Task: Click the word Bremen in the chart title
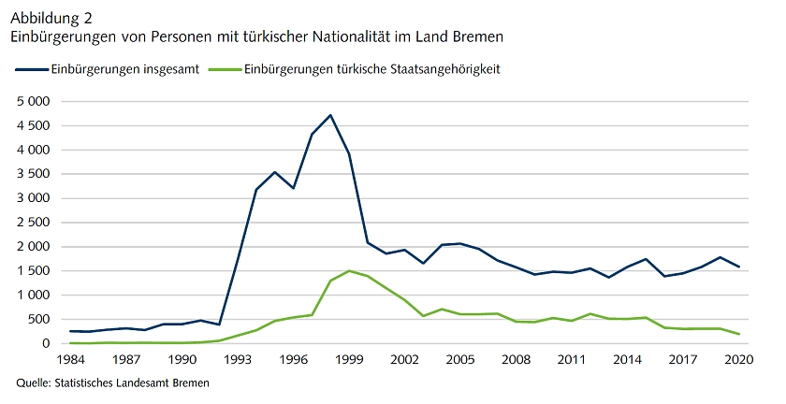[479, 37]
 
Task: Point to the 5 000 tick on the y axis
[32, 101]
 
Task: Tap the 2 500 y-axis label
[32, 223]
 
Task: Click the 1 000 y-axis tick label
[32, 296]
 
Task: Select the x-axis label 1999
[349, 360]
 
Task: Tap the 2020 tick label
[738, 360]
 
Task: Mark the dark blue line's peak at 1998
[330, 115]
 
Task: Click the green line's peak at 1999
[349, 271]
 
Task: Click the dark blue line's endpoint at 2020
[738, 267]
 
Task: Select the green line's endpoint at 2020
[738, 334]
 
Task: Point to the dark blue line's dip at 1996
[294, 188]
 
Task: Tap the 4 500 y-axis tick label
[32, 125]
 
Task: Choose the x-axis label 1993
[238, 360]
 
